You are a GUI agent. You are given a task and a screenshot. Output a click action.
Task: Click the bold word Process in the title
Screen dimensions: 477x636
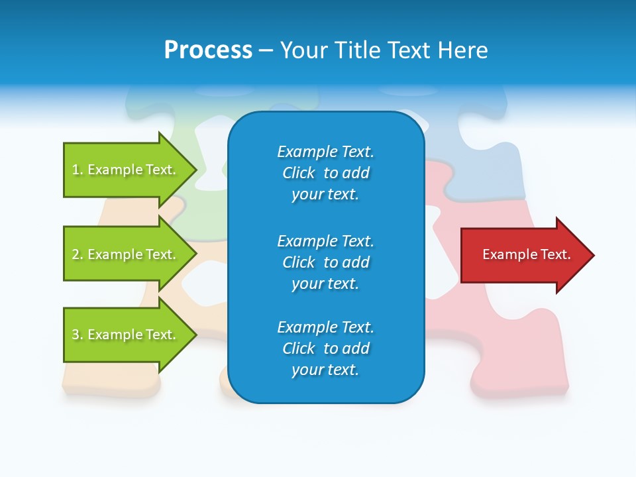[x=208, y=50]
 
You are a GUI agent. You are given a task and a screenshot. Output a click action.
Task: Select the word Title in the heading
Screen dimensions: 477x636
[x=356, y=50]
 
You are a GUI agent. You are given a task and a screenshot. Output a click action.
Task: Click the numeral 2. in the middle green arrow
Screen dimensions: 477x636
[x=78, y=254]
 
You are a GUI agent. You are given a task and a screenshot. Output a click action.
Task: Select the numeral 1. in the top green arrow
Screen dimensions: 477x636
[x=78, y=170]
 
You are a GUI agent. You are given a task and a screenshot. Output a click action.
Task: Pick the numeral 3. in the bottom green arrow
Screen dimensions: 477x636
[x=78, y=335]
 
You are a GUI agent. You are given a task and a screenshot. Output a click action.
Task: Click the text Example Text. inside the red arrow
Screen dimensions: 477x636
[x=526, y=254]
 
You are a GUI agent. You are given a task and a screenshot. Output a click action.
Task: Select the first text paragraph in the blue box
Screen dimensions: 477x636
[x=325, y=173]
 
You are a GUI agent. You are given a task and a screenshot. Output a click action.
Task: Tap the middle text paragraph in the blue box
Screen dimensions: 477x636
[x=325, y=262]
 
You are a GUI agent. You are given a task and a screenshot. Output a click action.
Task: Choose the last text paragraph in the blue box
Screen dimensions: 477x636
[x=325, y=348]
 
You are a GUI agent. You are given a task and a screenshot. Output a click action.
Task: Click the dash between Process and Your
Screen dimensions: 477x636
[x=266, y=50]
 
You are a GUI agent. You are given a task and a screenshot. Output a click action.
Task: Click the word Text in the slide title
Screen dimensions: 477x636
[x=405, y=50]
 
